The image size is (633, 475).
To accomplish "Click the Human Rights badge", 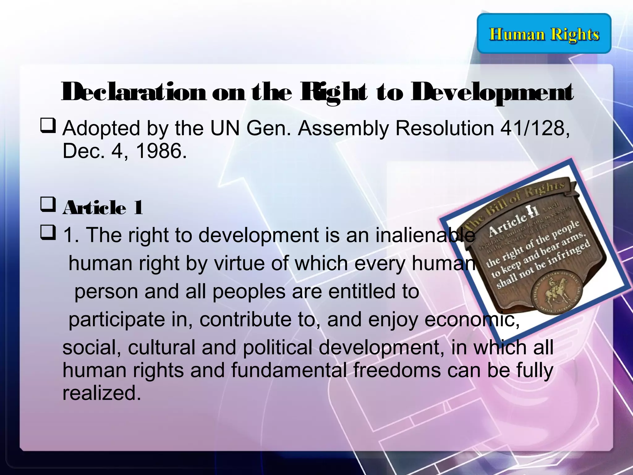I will click(544, 33).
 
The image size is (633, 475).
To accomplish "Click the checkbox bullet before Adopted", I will click(48, 127).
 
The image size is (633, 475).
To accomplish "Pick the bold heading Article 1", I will click(103, 208).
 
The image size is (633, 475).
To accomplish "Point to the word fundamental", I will click(289, 370).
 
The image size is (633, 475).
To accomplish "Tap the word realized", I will click(100, 393).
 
